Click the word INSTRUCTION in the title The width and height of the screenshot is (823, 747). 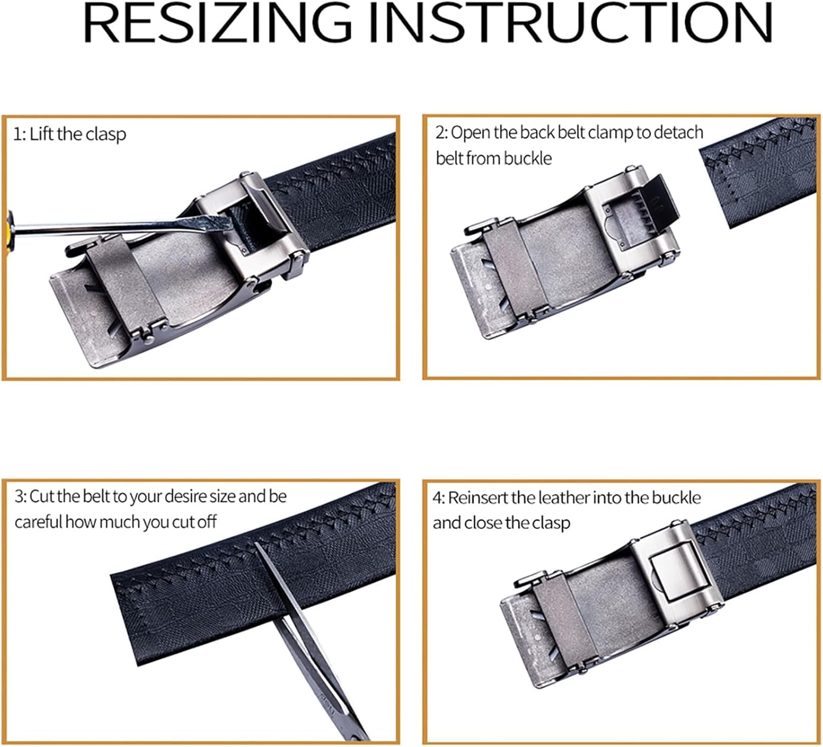571,23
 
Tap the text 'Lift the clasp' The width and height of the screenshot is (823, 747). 77,134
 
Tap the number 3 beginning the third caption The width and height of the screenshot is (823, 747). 19,496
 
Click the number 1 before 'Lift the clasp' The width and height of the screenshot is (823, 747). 17,134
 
